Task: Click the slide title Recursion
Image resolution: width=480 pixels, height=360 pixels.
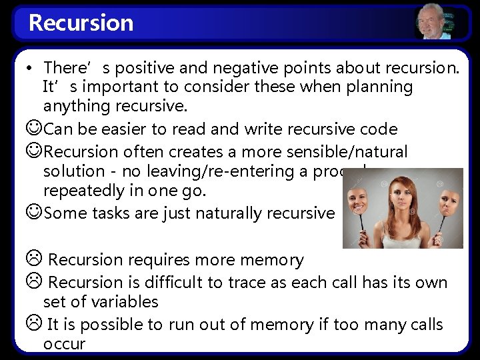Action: (81, 23)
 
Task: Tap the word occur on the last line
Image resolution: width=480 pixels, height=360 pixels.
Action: (64, 344)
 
